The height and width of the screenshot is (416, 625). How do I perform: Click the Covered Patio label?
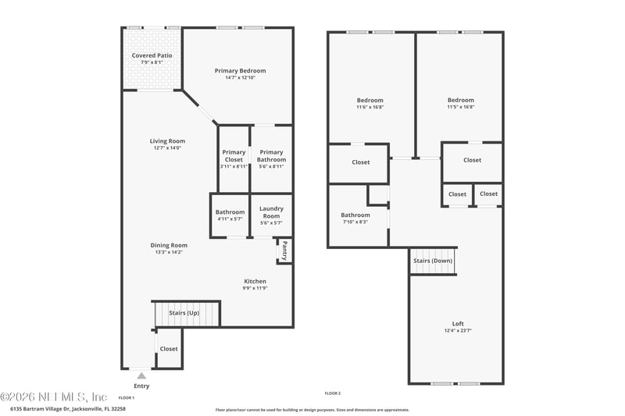pos(152,56)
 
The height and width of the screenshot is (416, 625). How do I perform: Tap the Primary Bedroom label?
pos(240,71)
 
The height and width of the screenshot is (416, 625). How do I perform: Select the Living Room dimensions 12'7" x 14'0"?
pos(167,148)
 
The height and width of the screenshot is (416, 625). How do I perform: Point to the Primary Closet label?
pos(234,156)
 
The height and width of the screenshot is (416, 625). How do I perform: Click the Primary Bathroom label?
pos(271,156)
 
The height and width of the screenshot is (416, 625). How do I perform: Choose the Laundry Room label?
pos(271,212)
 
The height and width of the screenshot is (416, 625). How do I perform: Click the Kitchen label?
pos(255,281)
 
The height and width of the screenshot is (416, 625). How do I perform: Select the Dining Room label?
pos(169,245)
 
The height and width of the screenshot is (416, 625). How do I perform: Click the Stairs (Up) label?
pos(184,313)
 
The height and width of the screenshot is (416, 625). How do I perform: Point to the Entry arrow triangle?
pos(141,375)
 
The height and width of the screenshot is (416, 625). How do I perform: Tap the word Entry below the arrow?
pos(141,386)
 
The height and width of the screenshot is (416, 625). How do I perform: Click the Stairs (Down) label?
pos(432,261)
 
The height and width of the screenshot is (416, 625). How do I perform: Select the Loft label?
pos(457,324)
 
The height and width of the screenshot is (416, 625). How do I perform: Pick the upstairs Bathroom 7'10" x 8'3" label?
pos(355,215)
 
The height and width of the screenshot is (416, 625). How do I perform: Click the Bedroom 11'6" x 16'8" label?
pos(370,100)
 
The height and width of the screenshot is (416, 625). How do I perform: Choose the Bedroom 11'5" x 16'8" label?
pos(460,100)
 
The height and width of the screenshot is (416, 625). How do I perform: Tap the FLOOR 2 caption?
pos(333,393)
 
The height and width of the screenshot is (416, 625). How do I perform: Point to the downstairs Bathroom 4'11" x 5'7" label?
pos(230,212)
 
